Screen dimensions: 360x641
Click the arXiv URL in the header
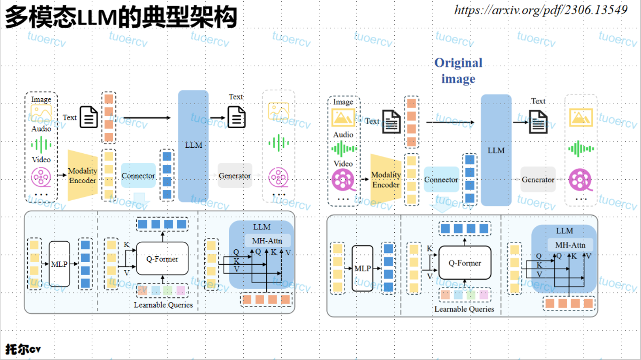(541, 10)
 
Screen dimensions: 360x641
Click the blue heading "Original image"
(458, 71)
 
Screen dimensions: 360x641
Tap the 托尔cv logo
(23, 349)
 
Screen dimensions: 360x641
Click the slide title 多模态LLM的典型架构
(121, 17)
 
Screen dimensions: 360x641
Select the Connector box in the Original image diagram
(441, 180)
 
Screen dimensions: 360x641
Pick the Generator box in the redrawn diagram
(235, 176)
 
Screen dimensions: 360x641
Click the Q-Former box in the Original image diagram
(465, 263)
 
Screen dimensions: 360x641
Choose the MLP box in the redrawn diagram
(59, 264)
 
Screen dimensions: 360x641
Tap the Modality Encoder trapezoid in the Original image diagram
(385, 179)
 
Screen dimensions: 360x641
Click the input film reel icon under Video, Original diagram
(343, 180)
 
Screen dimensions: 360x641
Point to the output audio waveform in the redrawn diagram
(279, 143)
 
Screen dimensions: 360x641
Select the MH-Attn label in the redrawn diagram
(267, 241)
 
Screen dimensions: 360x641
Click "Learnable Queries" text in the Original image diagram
(464, 309)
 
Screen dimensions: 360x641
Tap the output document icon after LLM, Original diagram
(538, 122)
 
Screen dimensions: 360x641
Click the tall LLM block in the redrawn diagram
(193, 146)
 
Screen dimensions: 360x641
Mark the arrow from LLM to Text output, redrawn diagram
(217, 118)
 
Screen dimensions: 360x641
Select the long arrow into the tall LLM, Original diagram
(450, 122)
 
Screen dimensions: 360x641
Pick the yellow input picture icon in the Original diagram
(343, 117)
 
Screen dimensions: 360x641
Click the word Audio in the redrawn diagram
(41, 129)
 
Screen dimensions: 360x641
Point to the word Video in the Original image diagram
(343, 164)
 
